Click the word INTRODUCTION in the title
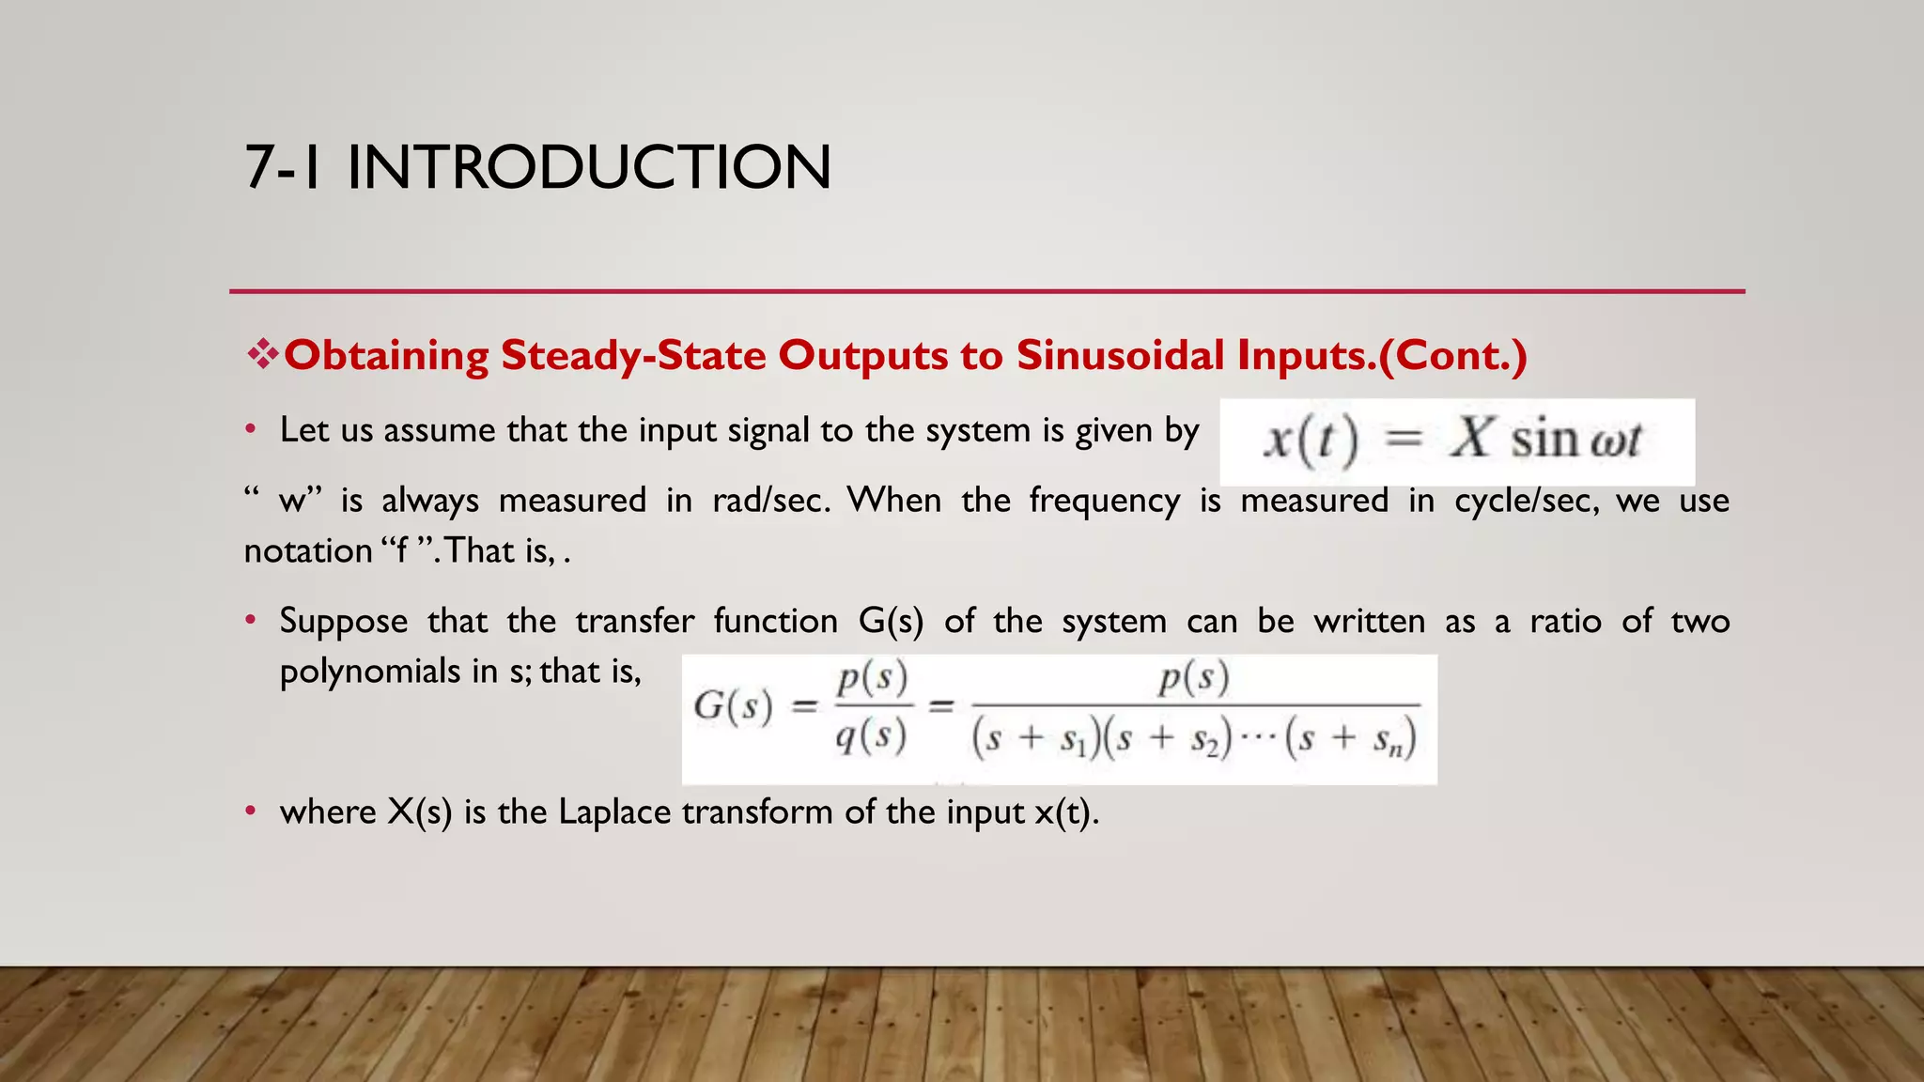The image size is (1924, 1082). pos(588,167)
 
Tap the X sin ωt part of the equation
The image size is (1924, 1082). pos(1545,440)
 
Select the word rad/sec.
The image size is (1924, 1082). pos(771,500)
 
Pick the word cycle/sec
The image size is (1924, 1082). pos(1527,500)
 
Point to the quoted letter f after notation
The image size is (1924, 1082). pos(402,550)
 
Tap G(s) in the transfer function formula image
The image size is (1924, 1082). pos(733,706)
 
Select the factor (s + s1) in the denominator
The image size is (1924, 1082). pos(1035,739)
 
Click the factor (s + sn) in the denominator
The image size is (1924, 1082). pos(1351,739)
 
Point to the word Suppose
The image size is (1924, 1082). pos(343,621)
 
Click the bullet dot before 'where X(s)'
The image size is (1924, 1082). pos(250,811)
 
